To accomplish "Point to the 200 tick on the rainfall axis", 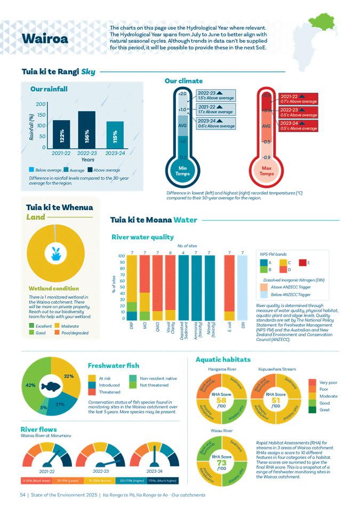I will pyautogui.click(x=41, y=104).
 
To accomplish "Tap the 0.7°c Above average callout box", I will pyautogui.click(x=298, y=98).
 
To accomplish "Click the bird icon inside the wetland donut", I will pyautogui.click(x=53, y=254).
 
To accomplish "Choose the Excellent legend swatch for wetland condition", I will pyautogui.click(x=30, y=325).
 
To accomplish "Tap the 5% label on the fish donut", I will pyautogui.click(x=43, y=408).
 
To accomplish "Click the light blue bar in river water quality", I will pyautogui.click(x=242, y=288).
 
